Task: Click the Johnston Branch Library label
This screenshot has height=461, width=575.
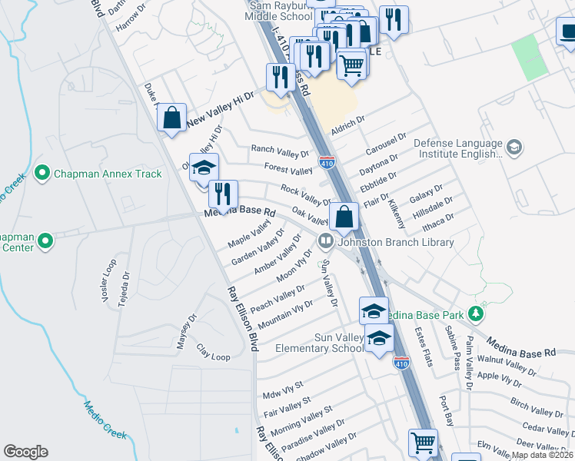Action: [395, 243]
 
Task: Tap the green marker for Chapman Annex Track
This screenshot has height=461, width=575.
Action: [42, 174]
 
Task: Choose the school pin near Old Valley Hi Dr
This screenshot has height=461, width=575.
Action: [204, 167]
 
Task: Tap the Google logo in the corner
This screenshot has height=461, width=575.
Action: [25, 452]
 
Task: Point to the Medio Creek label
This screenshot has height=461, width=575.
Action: [105, 421]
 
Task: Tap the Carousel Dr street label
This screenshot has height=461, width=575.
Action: [387, 144]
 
